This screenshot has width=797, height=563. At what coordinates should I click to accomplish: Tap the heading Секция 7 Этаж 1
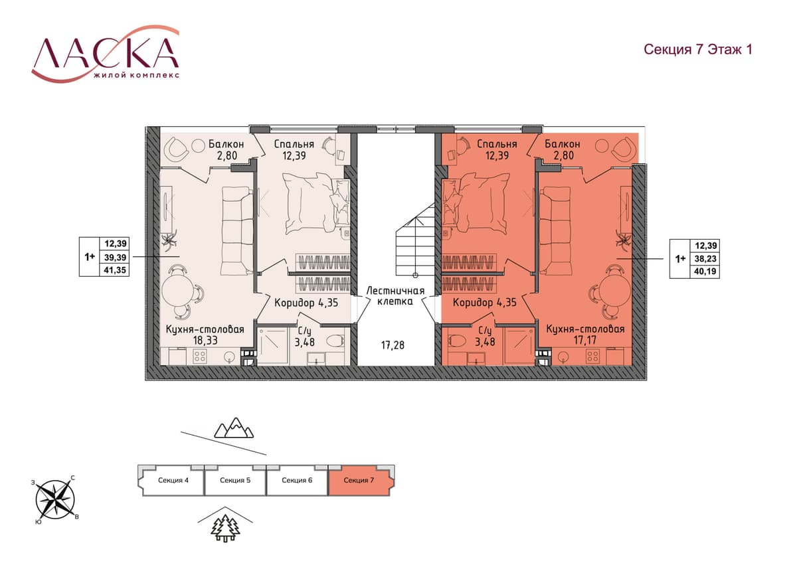pos(698,49)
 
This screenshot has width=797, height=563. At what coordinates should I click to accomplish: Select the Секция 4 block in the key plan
pos(173,480)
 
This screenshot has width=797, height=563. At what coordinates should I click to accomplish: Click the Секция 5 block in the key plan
pos(235,480)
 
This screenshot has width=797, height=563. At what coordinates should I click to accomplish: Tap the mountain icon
pos(234,428)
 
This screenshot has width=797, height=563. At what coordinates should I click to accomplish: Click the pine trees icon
pos(225,529)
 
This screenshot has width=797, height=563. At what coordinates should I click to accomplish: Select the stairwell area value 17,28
pos(393,345)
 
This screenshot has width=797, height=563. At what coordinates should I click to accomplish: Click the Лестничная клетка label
pos(395,296)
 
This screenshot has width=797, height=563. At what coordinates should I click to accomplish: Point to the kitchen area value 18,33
pos(205,341)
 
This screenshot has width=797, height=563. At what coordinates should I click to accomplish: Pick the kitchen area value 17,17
pos(585,340)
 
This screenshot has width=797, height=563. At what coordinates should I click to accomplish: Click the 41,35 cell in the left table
pos(115,270)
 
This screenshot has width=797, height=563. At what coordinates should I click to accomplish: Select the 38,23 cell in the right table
pos(705,258)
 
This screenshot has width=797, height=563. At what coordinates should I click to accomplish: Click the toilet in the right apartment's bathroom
pos(457,341)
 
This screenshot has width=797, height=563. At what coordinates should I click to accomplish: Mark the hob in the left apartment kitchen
pos(200,357)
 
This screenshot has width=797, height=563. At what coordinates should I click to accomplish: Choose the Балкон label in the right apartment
pos(562,144)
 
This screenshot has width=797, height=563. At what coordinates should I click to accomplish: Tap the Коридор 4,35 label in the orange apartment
pos(485,303)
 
